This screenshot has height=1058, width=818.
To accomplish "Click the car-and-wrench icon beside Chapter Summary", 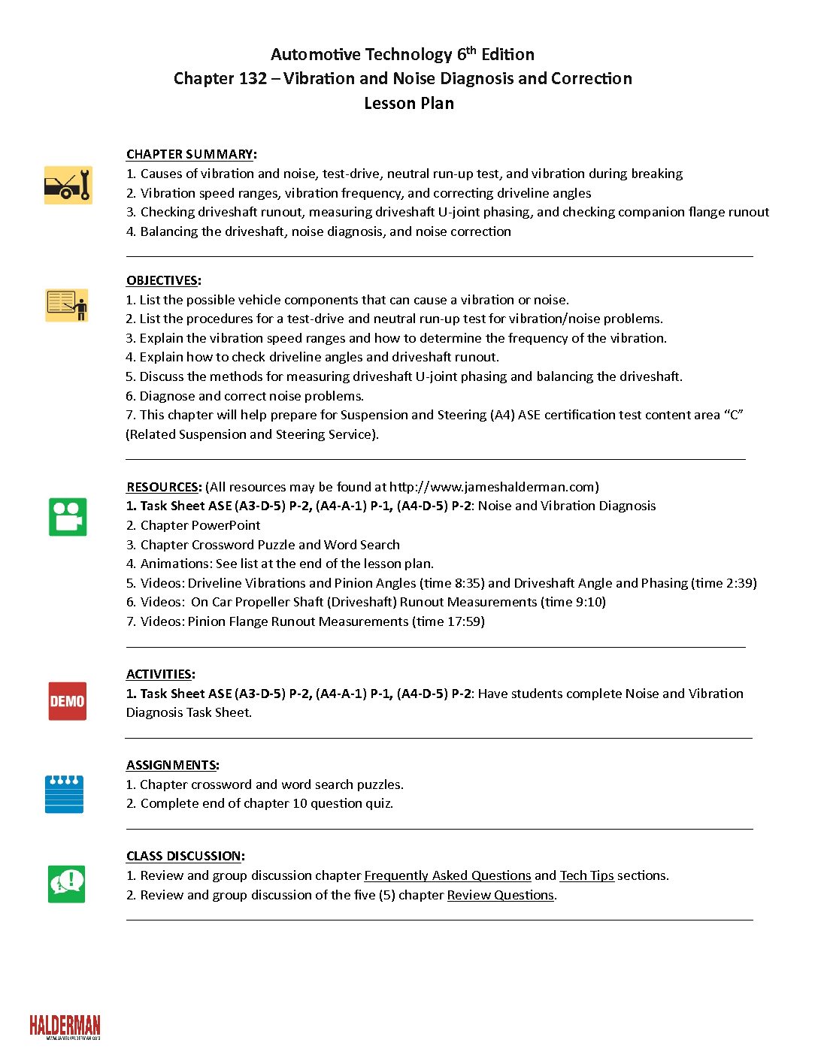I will click(68, 185).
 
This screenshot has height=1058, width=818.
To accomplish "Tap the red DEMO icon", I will click(68, 701).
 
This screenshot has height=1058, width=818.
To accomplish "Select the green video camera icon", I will click(68, 517).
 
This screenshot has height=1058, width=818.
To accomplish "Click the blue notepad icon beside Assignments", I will click(65, 794).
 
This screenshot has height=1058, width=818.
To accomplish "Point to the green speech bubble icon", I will click(67, 884).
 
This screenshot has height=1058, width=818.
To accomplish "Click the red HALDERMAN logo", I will click(65, 1026).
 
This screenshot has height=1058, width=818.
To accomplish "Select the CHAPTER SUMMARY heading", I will click(189, 154).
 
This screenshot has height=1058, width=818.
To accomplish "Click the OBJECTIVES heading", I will click(162, 280).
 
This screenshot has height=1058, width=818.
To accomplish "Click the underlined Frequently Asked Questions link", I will click(447, 875).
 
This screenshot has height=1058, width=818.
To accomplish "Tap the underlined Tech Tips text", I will click(586, 875).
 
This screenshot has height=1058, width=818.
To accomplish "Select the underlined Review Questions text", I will click(500, 895).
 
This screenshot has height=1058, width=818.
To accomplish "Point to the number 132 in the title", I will click(253, 79).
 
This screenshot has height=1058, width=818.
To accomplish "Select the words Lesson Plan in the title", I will click(409, 104).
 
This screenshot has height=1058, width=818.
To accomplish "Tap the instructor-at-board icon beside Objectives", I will click(67, 305).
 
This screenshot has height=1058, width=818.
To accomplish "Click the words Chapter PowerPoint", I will click(200, 525).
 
